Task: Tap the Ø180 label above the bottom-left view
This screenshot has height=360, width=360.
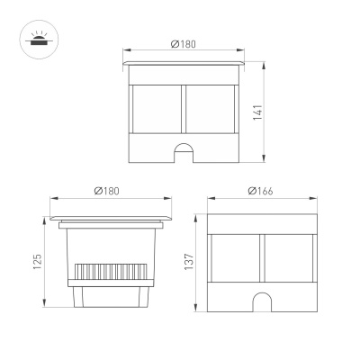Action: click(x=108, y=193)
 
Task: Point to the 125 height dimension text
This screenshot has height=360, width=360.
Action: click(x=37, y=263)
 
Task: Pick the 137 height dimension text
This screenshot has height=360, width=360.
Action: click(x=189, y=263)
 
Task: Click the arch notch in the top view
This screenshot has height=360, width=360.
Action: click(x=184, y=152)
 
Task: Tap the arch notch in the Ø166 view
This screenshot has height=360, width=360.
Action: click(x=261, y=302)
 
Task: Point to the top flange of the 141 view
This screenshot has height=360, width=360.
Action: click(x=184, y=69)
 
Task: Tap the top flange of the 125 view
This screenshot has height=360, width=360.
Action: click(x=107, y=219)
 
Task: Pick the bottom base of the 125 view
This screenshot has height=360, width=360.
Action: click(x=107, y=300)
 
